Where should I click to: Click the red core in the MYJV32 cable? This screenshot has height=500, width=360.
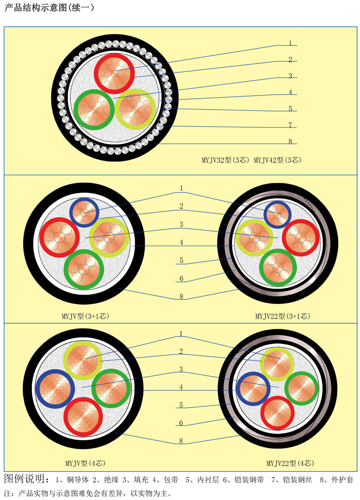(114, 74)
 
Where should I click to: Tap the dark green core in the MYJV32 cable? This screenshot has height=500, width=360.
(94, 110)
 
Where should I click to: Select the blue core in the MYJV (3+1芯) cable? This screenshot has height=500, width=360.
(84, 213)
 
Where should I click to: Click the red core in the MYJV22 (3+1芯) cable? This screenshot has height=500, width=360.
(301, 237)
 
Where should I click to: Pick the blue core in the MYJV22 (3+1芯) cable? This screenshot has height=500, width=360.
(277, 215)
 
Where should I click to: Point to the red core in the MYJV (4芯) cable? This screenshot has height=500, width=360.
(83, 416)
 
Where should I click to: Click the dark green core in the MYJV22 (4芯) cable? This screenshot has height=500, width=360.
(301, 388)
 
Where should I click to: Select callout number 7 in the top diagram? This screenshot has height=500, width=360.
(290, 125)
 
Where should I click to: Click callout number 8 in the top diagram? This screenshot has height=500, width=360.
(290, 141)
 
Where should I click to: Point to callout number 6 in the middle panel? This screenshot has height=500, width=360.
(181, 278)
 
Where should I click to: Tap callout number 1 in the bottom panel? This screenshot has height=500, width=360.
(181, 333)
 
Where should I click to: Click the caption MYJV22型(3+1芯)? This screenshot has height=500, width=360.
(282, 316)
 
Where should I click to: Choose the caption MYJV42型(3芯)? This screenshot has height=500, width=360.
(277, 160)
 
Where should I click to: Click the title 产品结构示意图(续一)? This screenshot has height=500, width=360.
(49, 8)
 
